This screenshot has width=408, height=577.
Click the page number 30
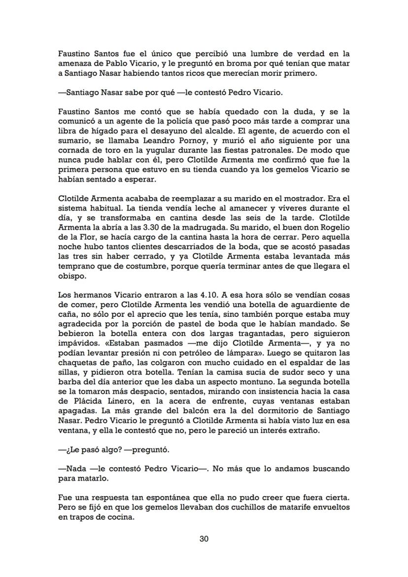(x=204, y=539)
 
